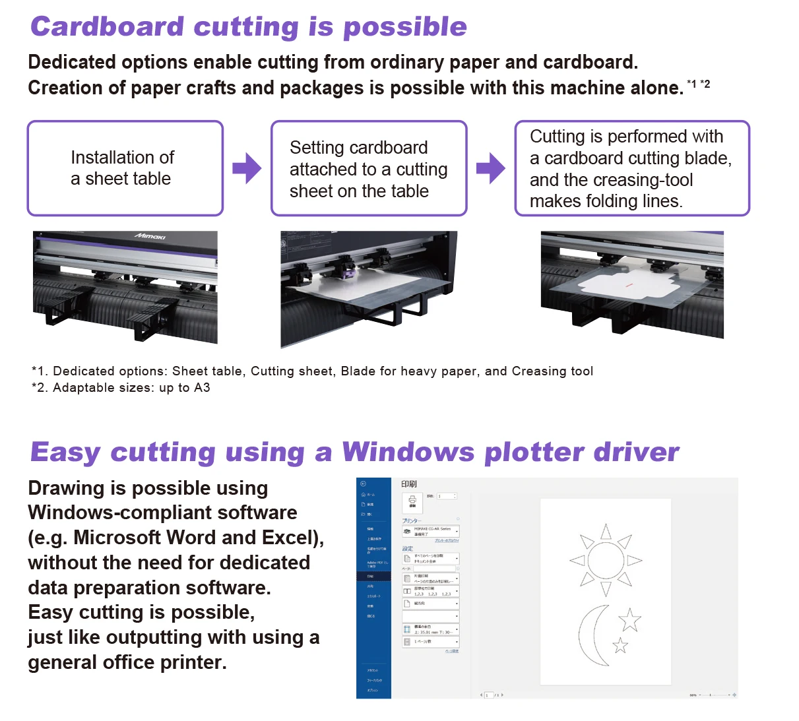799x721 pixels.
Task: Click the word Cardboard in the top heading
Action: coord(107,27)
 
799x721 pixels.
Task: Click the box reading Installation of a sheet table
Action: coord(125,168)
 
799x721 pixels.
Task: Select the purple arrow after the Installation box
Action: coord(247,168)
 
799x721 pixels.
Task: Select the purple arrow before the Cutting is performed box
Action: coord(490,168)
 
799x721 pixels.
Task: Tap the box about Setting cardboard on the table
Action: coord(368,169)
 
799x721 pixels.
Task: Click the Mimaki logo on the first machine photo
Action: coord(150,236)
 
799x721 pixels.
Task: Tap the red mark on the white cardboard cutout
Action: coord(629,285)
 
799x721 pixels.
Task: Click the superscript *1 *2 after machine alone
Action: coord(698,84)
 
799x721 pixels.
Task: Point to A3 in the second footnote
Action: coord(202,388)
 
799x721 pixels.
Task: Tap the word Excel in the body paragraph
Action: coord(286,538)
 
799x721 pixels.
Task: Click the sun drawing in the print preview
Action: coord(606,560)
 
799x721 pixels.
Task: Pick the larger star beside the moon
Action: coord(629,620)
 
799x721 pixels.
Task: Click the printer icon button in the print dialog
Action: coord(412,502)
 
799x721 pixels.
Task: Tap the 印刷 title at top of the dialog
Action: coord(409,484)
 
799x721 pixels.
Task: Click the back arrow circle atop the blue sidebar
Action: coord(363,484)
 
